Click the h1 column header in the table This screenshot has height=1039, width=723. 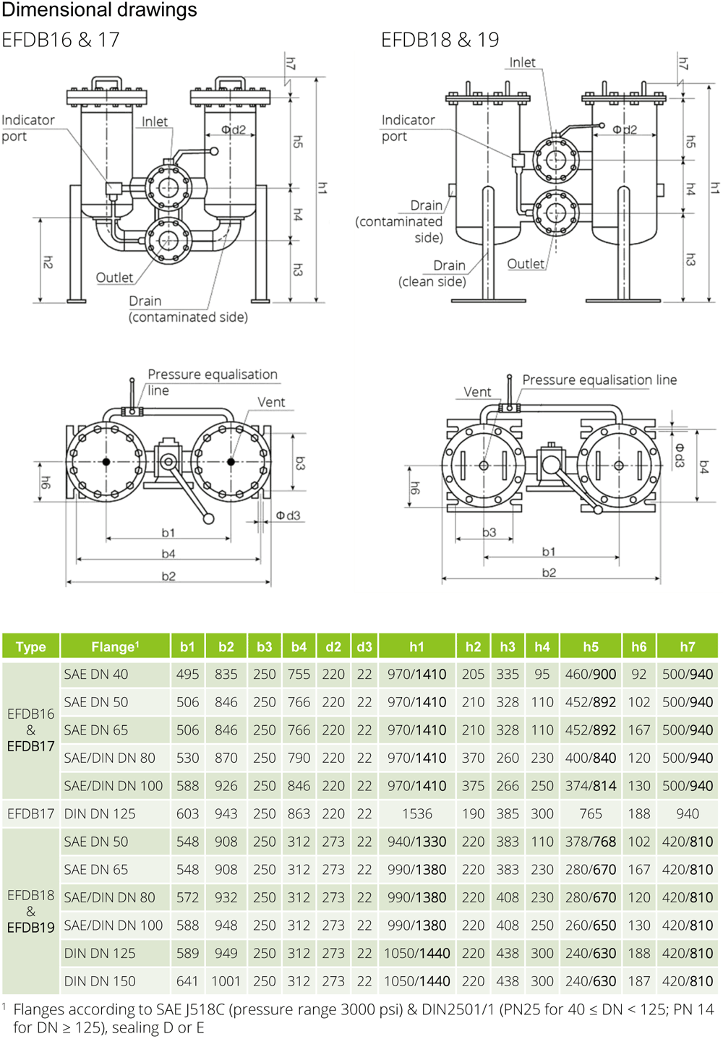pyautogui.click(x=416, y=646)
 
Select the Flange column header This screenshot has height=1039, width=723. pyautogui.click(x=115, y=646)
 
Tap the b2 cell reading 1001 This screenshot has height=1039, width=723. pyautogui.click(x=226, y=981)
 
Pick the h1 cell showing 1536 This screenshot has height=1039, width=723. pyautogui.click(x=417, y=813)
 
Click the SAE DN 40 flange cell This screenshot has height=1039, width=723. pyautogui.click(x=96, y=674)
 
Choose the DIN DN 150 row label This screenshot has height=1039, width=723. pyautogui.click(x=100, y=981)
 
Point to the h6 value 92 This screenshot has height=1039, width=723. pyautogui.click(x=638, y=674)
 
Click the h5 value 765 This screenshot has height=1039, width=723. pyautogui.click(x=591, y=813)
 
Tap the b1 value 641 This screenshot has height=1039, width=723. pyautogui.click(x=187, y=981)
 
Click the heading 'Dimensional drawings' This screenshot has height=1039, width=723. pyautogui.click(x=99, y=9)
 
